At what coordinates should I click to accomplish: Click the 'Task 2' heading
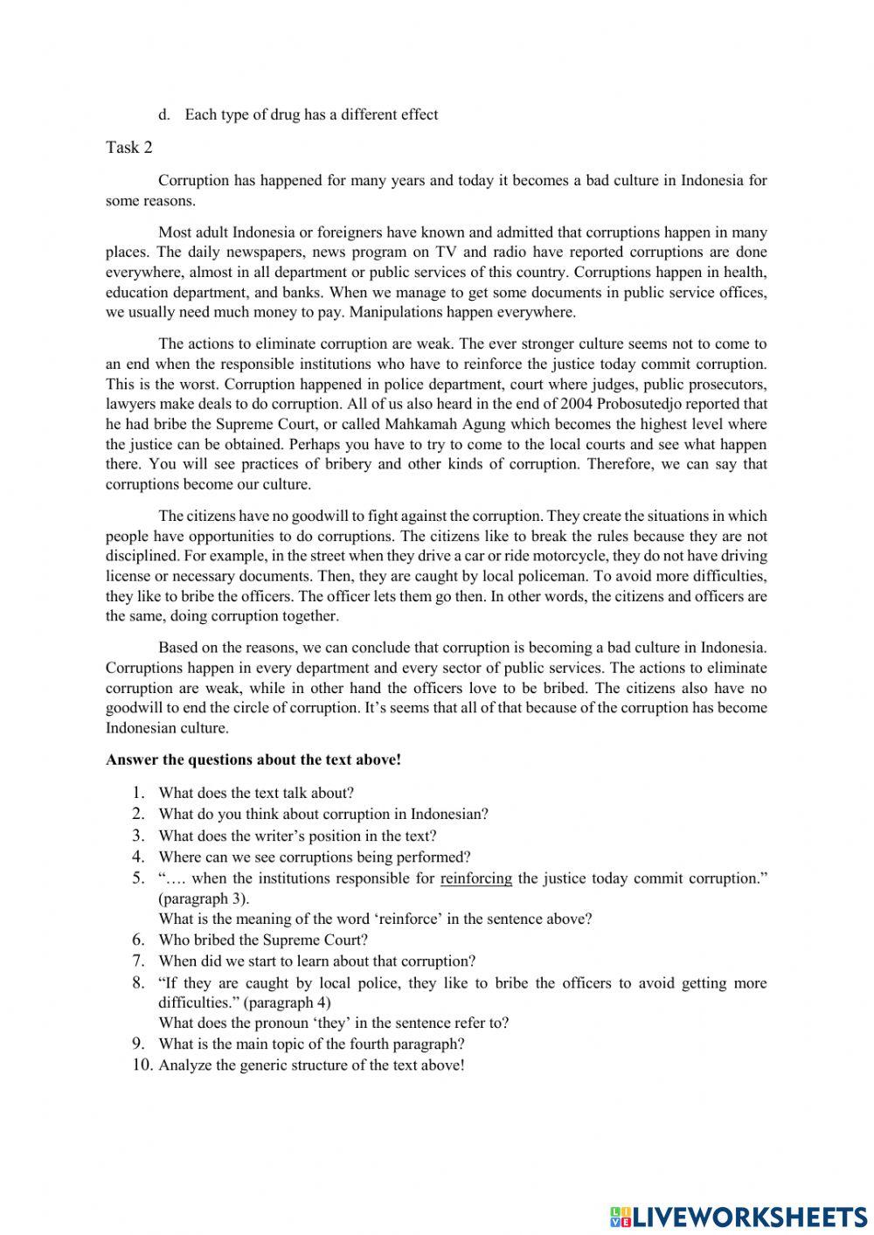tap(128, 148)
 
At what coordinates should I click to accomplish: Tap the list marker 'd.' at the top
tap(163, 114)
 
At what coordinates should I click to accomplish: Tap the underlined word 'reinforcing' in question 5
tap(475, 878)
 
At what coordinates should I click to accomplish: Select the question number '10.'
tap(142, 1065)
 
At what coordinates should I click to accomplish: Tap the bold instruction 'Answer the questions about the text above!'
tap(253, 760)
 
